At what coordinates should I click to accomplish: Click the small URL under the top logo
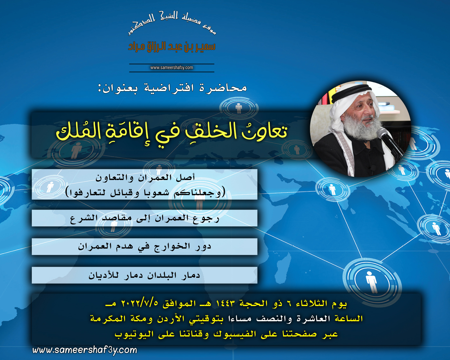coord(171,68)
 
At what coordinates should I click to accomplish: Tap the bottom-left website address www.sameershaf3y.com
coord(85,350)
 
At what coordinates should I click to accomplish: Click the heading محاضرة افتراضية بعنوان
coord(172,88)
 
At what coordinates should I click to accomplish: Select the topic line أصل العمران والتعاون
coord(145,177)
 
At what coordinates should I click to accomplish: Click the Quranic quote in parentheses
coord(145,193)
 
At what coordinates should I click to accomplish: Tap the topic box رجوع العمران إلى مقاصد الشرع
coord(144,218)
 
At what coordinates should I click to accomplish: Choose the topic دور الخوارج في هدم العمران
coord(144,247)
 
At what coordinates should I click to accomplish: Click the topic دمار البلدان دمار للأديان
coord(144,275)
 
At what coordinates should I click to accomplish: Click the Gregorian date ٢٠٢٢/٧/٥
coord(140,303)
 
